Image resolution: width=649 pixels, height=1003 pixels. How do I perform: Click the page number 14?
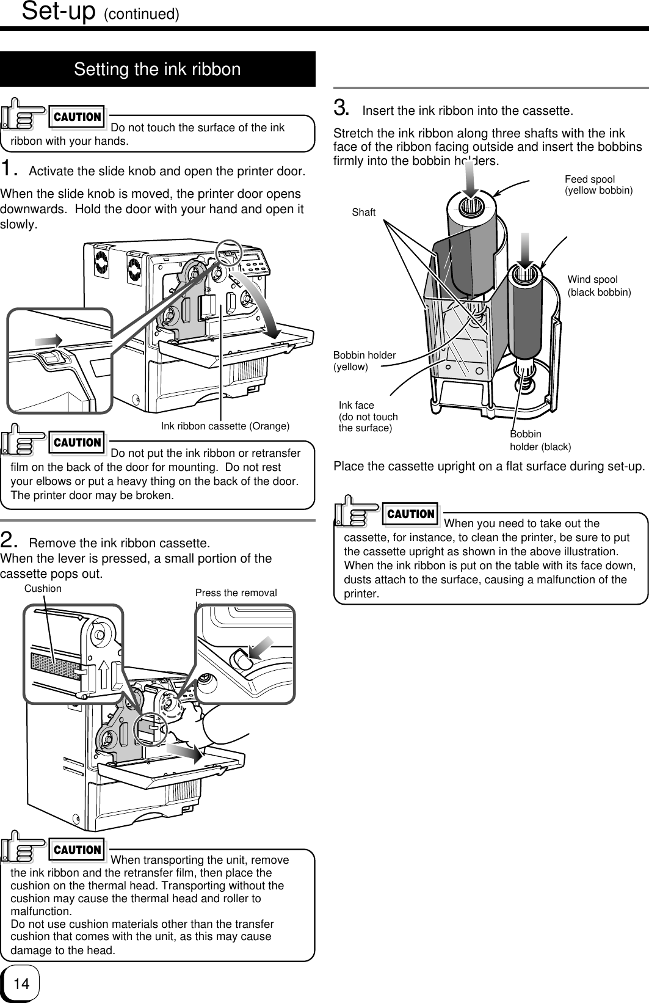tap(21, 983)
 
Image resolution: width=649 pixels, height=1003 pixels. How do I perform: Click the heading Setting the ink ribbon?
tap(158, 69)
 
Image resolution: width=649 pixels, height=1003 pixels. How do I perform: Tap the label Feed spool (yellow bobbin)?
tap(598, 184)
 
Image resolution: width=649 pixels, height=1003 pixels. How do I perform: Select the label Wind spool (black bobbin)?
tap(599, 286)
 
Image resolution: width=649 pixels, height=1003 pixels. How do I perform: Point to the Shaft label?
tap(364, 212)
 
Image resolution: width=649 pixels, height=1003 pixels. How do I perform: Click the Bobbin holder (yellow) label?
tap(364, 360)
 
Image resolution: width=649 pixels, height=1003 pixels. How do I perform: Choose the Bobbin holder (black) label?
tap(540, 440)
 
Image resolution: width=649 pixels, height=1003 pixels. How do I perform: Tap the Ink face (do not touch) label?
tap(368, 416)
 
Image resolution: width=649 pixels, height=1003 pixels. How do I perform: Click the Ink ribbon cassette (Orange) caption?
tap(225, 426)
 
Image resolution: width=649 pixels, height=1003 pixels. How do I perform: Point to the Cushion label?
tap(43, 588)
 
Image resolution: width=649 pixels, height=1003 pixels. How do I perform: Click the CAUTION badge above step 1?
tap(78, 117)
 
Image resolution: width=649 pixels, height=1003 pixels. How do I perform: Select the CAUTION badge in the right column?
tap(412, 514)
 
